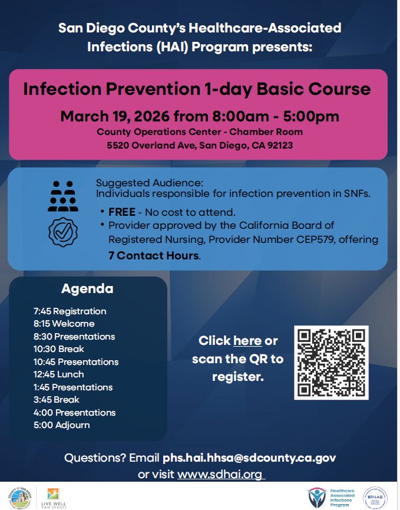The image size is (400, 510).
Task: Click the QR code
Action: coord(331,363)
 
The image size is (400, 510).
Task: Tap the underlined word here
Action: coord(247,341)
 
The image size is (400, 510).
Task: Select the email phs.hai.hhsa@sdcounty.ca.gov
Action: coord(249,458)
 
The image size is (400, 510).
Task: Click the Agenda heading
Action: coord(87,288)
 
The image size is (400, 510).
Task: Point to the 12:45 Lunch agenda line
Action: coord(58,374)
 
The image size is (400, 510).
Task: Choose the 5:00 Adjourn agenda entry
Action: coord(61,425)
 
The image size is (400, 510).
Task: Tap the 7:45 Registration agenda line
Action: coord(70,311)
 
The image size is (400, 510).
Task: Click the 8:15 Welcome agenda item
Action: coord(64,324)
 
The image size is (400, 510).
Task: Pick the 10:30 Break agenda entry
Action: coord(58,349)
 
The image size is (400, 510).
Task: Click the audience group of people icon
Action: coord(63,196)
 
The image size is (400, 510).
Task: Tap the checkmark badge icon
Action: coord(63,232)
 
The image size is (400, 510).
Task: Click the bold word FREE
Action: coord(122,212)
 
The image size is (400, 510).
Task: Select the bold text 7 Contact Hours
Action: coord(153,256)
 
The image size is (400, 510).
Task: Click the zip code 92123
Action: coord(280,145)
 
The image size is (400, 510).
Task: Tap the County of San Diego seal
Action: coord(20,498)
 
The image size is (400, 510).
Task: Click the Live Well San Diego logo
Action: coord(53,498)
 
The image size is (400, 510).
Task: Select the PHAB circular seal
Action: coord(375,498)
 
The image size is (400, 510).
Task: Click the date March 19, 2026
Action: coord(115,116)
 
